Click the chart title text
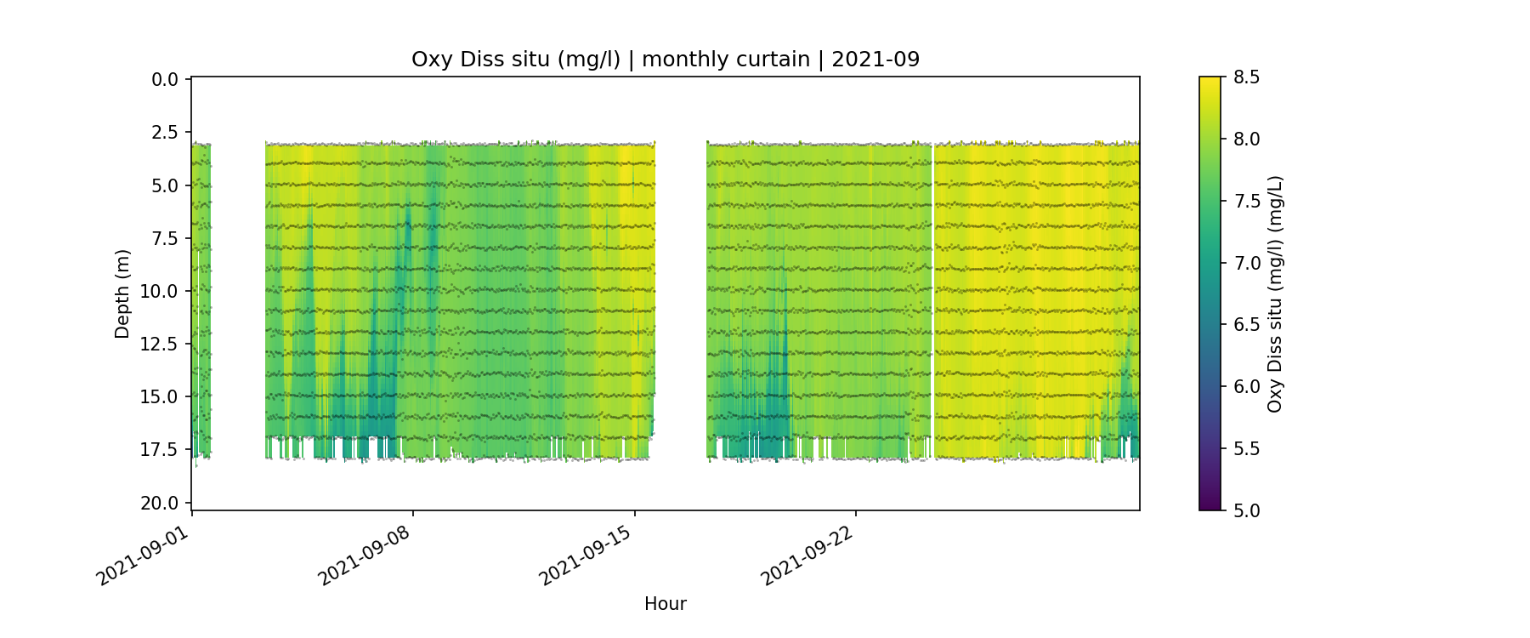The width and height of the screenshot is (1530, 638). click(x=665, y=60)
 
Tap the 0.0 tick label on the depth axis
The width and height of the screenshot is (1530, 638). click(x=165, y=80)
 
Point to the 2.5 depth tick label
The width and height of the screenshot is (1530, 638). click(x=165, y=133)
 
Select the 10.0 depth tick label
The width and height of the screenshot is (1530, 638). click(x=160, y=292)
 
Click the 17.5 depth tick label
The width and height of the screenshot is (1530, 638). click(x=160, y=450)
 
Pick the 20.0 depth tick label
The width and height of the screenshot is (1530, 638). click(x=160, y=504)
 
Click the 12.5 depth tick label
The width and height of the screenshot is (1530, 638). click(x=160, y=345)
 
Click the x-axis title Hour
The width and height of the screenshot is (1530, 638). click(x=665, y=604)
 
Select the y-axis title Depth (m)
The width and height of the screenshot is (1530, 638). click(x=123, y=293)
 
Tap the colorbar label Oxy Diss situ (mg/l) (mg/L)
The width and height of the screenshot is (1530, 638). click(x=1274, y=293)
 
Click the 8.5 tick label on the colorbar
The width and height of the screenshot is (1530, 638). click(x=1246, y=77)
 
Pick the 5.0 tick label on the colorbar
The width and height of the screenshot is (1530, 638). click(x=1246, y=510)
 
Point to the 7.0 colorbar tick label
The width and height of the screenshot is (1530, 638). click(x=1246, y=263)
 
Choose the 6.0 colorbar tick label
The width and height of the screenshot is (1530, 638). click(x=1246, y=387)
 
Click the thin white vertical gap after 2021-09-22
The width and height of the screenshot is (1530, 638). click(x=933, y=298)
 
